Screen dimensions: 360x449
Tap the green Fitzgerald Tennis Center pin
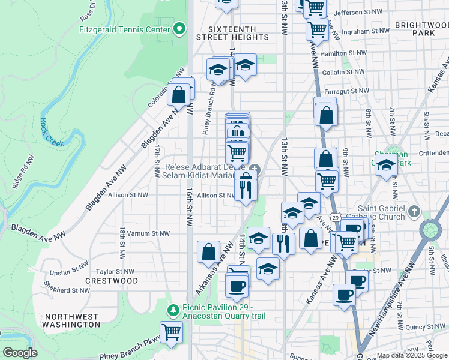point(179,29)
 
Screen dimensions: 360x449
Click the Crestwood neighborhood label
point(112,281)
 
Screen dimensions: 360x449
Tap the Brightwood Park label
point(422,29)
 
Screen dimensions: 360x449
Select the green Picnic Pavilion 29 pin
point(173,310)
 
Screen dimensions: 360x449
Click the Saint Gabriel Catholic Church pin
point(414,212)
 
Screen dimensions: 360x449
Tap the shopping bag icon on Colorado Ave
point(179,94)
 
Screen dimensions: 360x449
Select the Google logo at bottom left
point(20,353)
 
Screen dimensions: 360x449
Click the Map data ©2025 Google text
point(412,355)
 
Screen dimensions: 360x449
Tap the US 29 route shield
point(336,217)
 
